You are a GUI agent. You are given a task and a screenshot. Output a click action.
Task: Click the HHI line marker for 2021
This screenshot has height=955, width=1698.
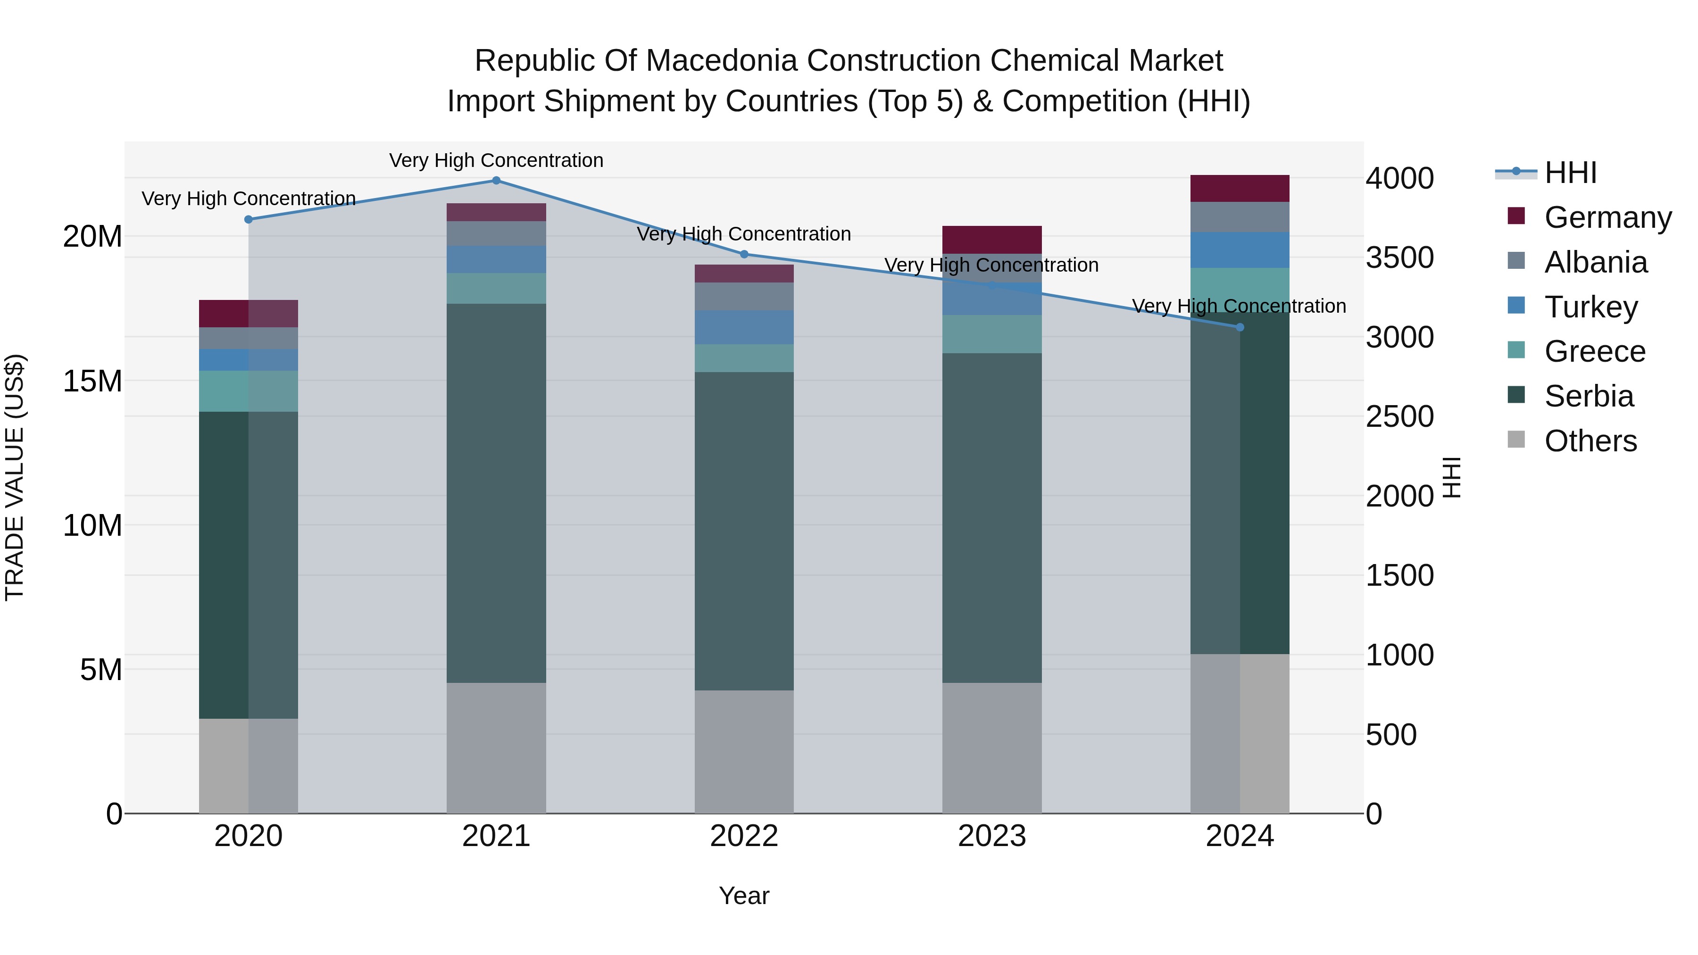pyautogui.click(x=496, y=181)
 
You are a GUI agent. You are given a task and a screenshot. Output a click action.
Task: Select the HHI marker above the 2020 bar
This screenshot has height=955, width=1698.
pyautogui.click(x=249, y=219)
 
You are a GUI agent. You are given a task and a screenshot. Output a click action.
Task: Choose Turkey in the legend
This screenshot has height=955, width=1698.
pyautogui.click(x=1590, y=307)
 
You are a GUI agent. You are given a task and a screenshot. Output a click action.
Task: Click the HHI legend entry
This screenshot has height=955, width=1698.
pyautogui.click(x=1570, y=173)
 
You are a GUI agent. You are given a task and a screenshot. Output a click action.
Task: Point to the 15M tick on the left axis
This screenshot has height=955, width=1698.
pyautogui.click(x=92, y=381)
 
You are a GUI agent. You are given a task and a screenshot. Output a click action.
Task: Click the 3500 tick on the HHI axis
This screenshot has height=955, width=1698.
pyautogui.click(x=1399, y=257)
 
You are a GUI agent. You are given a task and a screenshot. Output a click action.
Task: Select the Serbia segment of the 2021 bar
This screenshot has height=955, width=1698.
pyautogui.click(x=496, y=492)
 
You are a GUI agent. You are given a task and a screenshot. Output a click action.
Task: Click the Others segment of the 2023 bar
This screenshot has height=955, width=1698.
pyautogui.click(x=991, y=747)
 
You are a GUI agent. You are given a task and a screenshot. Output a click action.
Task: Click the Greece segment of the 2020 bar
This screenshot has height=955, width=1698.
pyautogui.click(x=249, y=391)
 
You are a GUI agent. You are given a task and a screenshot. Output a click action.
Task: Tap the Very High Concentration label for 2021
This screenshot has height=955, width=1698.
pyautogui.click(x=496, y=160)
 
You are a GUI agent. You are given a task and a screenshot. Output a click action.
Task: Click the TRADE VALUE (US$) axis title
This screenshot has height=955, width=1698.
pyautogui.click(x=15, y=477)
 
